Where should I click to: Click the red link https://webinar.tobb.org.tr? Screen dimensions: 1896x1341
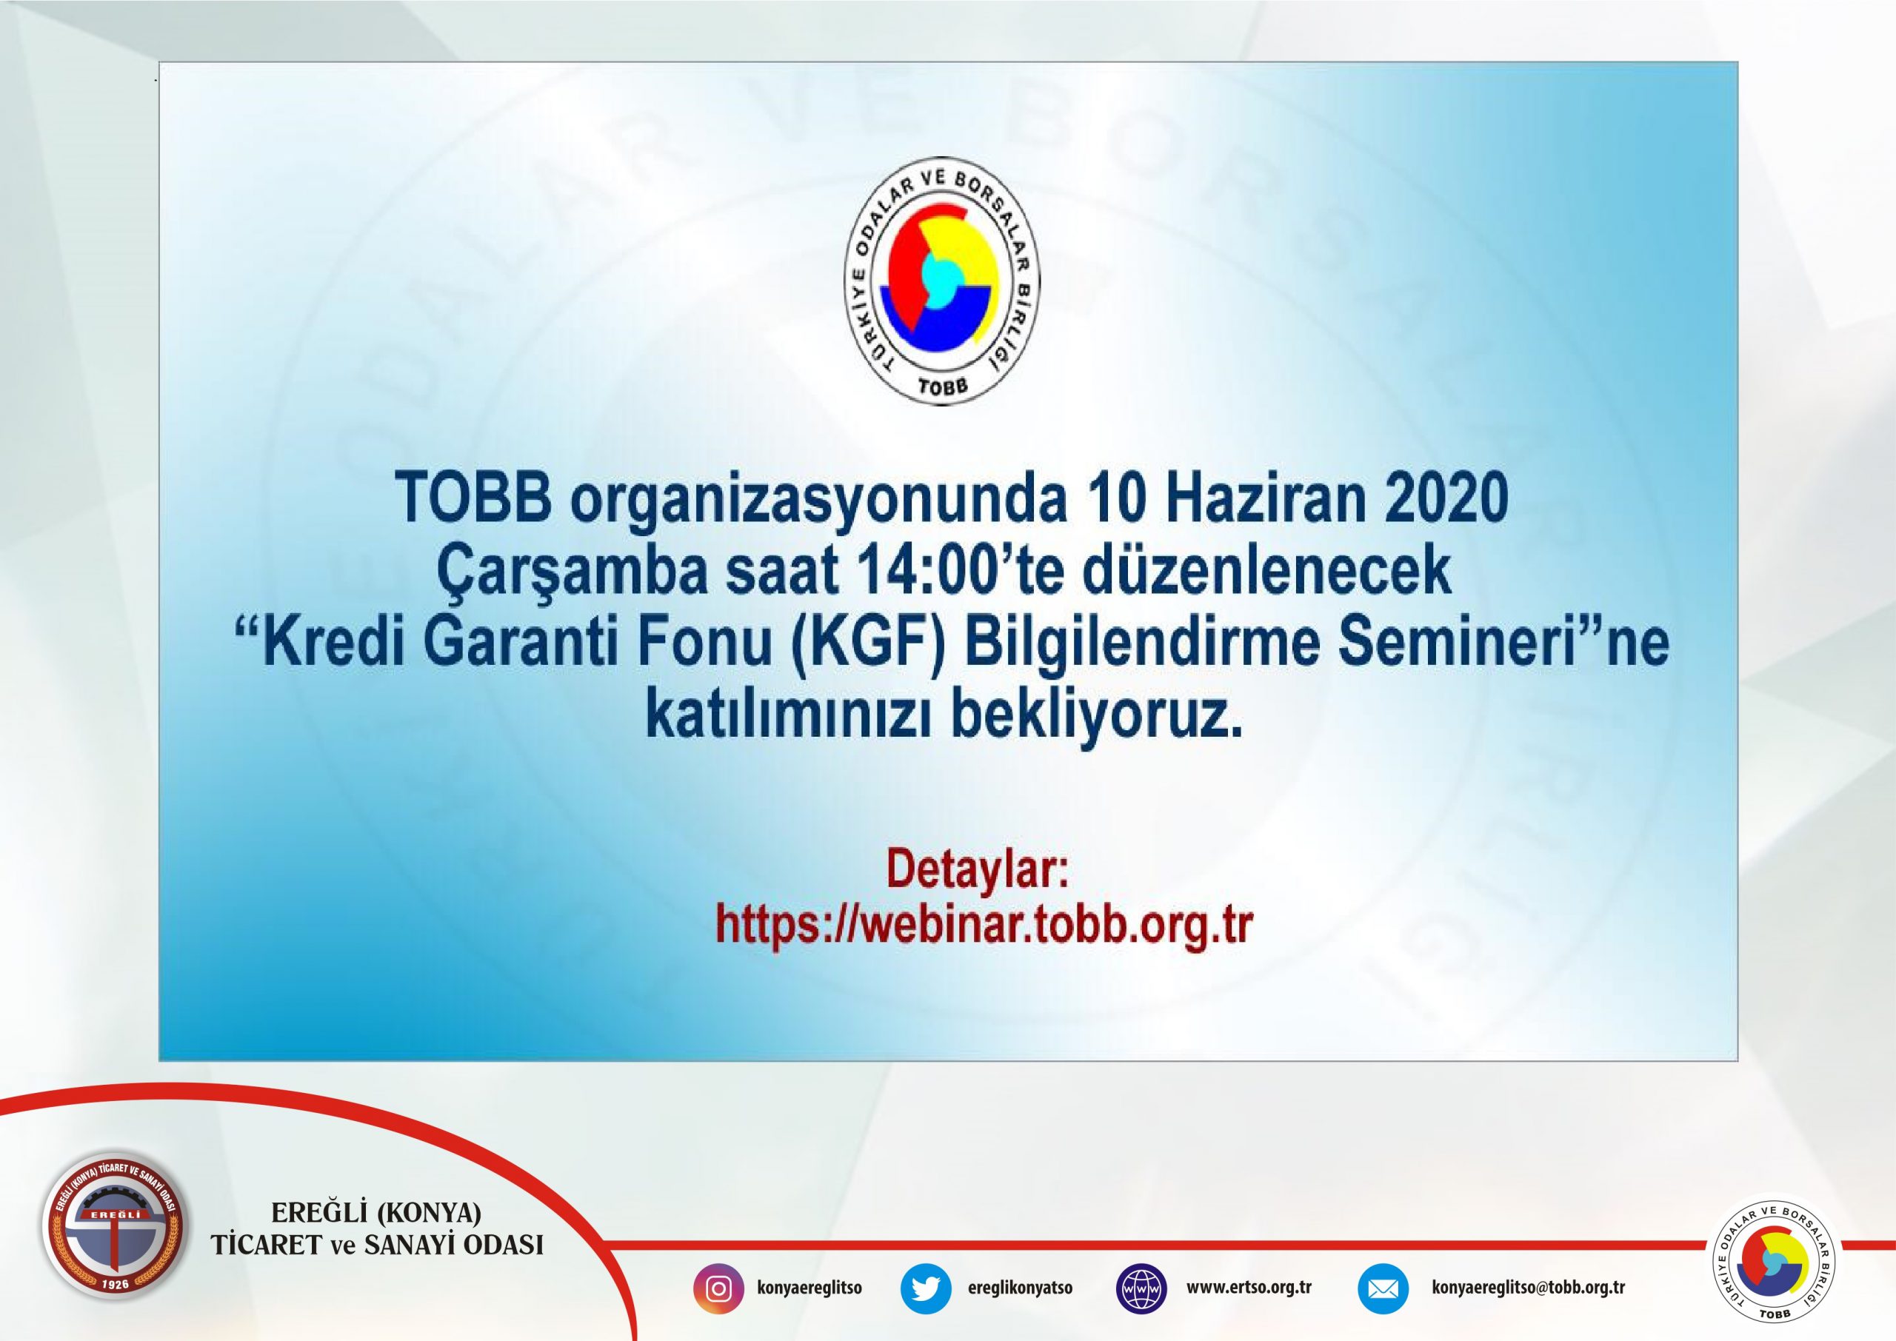click(984, 925)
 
